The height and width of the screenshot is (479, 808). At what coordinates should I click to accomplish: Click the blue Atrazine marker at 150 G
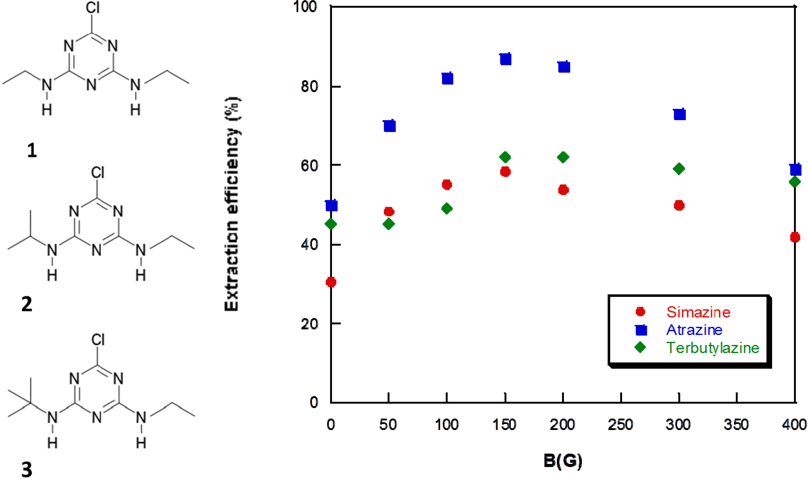pyautogui.click(x=506, y=59)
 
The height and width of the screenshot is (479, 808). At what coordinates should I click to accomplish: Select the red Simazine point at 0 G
pyautogui.click(x=331, y=282)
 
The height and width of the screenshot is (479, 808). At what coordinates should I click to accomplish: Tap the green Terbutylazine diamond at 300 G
pyautogui.click(x=679, y=169)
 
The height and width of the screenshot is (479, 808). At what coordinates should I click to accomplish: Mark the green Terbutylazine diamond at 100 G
pyautogui.click(x=447, y=209)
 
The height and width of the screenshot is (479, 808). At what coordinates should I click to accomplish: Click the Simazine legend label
pyautogui.click(x=698, y=312)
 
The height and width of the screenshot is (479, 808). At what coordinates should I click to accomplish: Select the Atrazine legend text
pyautogui.click(x=694, y=330)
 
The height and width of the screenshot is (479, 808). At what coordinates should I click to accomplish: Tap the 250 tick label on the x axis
pyautogui.click(x=620, y=425)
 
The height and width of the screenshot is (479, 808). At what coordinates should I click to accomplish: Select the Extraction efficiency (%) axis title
pyautogui.click(x=232, y=204)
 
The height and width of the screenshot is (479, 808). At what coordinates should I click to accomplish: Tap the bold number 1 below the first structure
pyautogui.click(x=32, y=150)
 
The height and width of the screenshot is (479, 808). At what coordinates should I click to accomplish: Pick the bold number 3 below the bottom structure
pyautogui.click(x=27, y=470)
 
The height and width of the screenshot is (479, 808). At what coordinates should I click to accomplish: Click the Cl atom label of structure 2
pyautogui.click(x=98, y=172)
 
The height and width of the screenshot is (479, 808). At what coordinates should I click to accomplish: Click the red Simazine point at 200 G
pyautogui.click(x=563, y=190)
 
